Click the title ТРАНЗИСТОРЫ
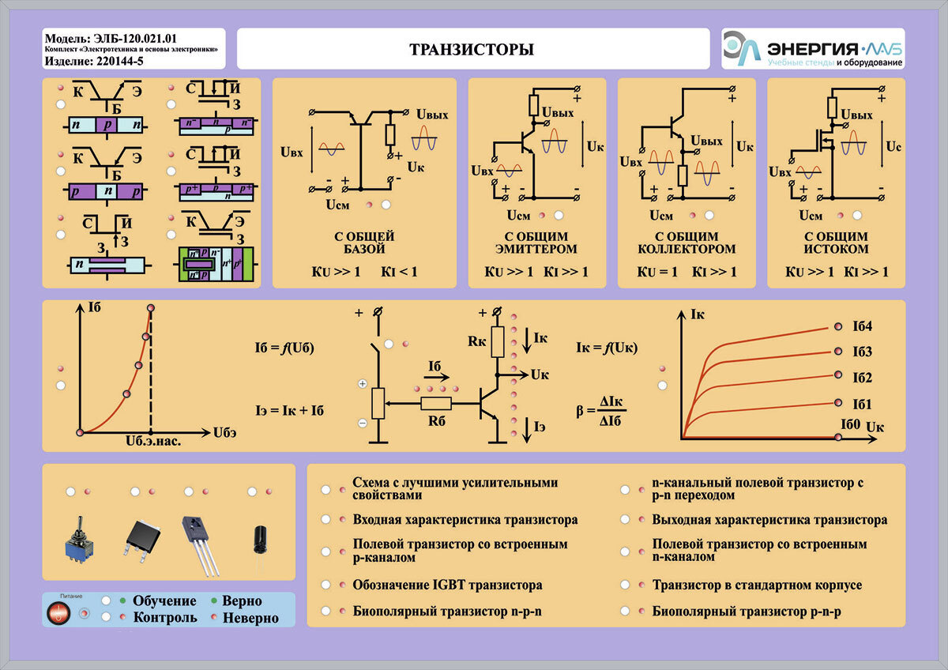point(472,50)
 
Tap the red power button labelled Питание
point(58,612)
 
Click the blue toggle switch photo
point(80,540)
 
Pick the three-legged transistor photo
point(199,545)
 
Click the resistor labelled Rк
point(497,341)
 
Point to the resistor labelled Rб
point(436,404)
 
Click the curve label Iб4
point(862,326)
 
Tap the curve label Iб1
point(862,405)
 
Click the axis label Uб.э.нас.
point(153,442)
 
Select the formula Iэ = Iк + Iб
point(289,411)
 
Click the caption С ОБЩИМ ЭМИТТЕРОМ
point(536,243)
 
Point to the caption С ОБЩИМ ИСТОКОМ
point(836,243)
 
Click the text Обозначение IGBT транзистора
point(447,585)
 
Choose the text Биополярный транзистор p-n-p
point(747,612)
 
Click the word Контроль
point(165,618)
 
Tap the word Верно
point(242,600)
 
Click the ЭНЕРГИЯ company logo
point(813,49)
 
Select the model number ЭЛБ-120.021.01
point(135,39)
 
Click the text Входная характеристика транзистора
point(465,520)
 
